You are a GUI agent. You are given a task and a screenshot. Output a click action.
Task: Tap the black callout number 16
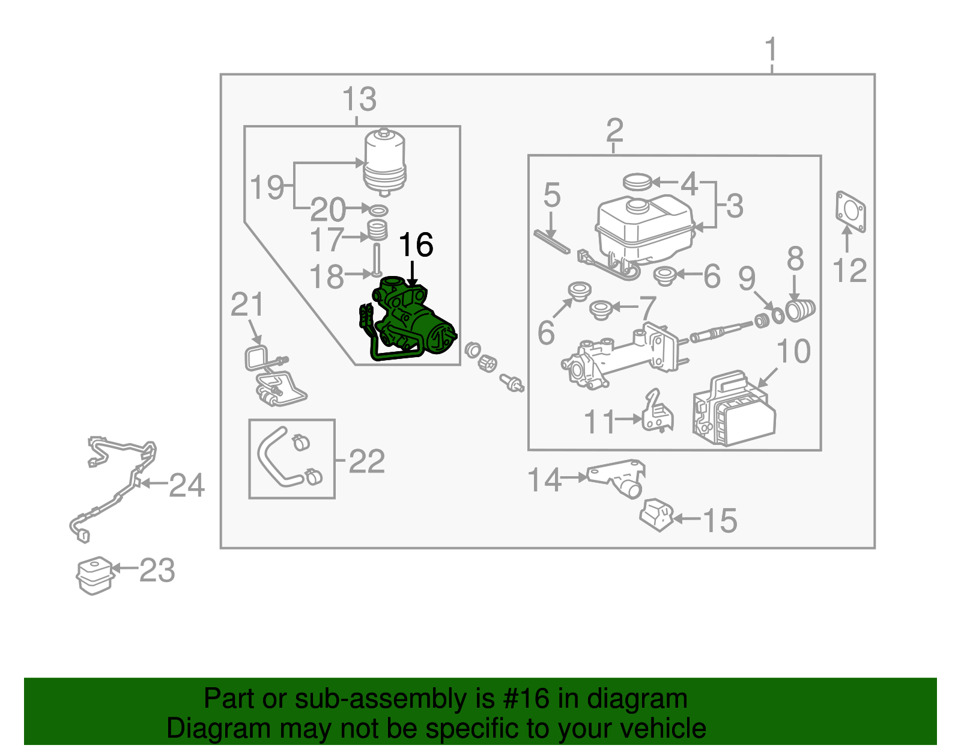click(x=415, y=245)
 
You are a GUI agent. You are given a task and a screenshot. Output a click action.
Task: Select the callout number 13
click(x=359, y=100)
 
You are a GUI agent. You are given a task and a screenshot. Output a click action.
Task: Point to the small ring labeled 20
click(x=378, y=210)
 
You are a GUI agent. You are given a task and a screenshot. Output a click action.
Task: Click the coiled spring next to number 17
click(x=377, y=231)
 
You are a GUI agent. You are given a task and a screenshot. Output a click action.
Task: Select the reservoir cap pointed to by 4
click(x=637, y=181)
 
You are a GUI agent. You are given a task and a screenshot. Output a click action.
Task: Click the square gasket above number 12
click(x=850, y=211)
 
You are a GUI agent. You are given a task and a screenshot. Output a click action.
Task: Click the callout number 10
click(x=793, y=352)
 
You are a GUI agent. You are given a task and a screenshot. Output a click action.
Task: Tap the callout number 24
click(x=187, y=485)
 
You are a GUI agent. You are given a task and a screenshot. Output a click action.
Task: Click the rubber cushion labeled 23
click(x=95, y=575)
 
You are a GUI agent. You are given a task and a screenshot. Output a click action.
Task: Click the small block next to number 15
click(x=656, y=515)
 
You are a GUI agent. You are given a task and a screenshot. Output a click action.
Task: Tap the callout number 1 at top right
click(x=771, y=50)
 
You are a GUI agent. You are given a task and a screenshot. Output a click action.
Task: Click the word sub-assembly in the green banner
click(x=398, y=699)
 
